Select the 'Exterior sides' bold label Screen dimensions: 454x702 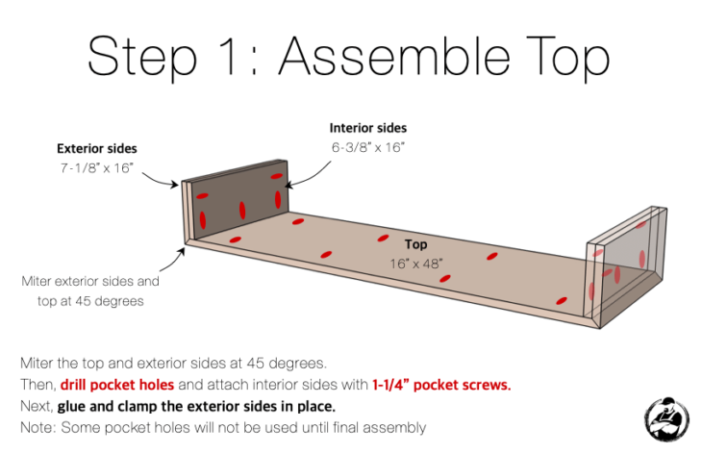(x=96, y=149)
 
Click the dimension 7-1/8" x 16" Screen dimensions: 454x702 (x=95, y=168)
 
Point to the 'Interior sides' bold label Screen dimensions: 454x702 (x=367, y=128)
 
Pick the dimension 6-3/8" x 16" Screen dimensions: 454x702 (x=367, y=147)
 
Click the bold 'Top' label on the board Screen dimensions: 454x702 (x=415, y=244)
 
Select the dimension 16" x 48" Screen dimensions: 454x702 (x=415, y=262)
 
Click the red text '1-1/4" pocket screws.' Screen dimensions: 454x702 (x=441, y=385)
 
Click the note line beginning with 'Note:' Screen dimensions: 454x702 (x=222, y=427)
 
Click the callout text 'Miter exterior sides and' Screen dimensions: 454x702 (x=90, y=283)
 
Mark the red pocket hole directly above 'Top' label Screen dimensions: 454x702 (x=384, y=238)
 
